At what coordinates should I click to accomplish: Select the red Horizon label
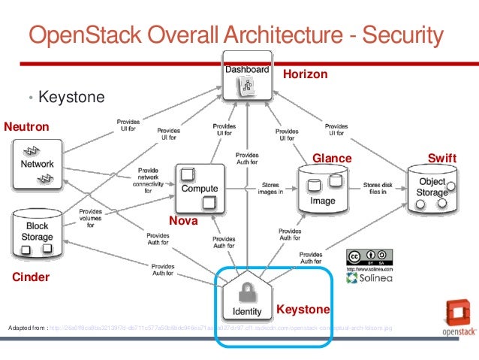tap(305, 74)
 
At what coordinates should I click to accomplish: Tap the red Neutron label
tap(27, 128)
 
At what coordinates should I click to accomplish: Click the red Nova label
tap(183, 221)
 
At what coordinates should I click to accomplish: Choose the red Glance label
tap(332, 158)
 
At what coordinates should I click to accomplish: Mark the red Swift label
tap(441, 158)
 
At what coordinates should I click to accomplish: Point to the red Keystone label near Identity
tap(303, 310)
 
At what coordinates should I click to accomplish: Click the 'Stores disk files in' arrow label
tap(375, 188)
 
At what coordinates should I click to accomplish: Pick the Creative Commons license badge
tap(369, 256)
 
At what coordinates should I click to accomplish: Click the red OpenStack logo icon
tap(456, 314)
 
